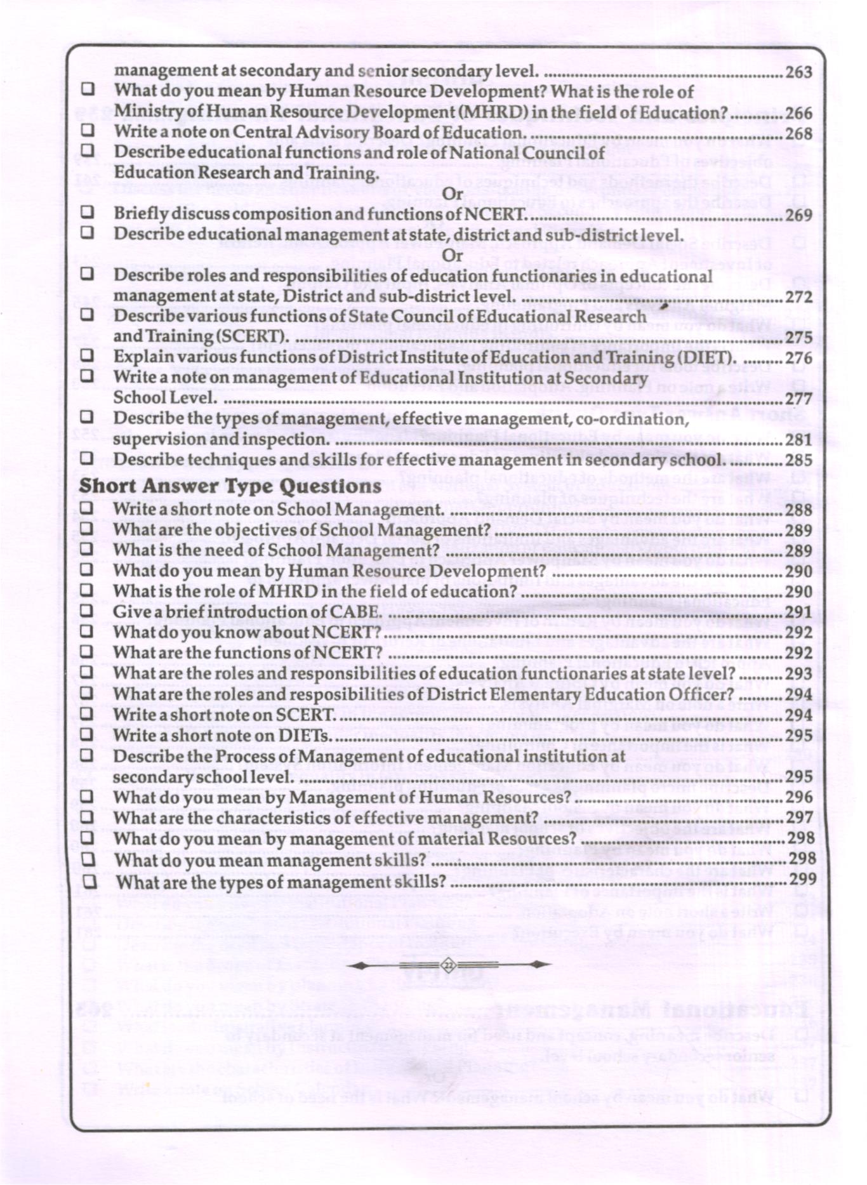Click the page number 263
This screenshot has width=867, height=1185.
pyautogui.click(x=798, y=72)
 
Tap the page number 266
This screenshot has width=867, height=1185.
pyautogui.click(x=798, y=113)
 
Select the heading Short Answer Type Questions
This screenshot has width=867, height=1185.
pyautogui.click(x=230, y=486)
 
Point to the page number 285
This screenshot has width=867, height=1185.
pyautogui.click(x=798, y=460)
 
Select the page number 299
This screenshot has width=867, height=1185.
pyautogui.click(x=802, y=879)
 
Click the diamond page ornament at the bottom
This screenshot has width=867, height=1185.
pyautogui.click(x=448, y=965)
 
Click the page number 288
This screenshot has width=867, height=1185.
pyautogui.click(x=798, y=510)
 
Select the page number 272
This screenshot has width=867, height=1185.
pyautogui.click(x=798, y=297)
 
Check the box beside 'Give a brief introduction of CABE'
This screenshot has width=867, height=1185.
pyautogui.click(x=87, y=611)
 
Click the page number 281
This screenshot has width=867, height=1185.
pyautogui.click(x=798, y=439)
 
